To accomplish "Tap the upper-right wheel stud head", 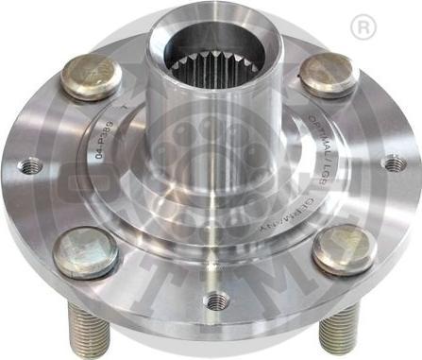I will click(328, 73).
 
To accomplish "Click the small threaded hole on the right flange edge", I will click(391, 163).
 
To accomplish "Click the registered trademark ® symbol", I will click(361, 28).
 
